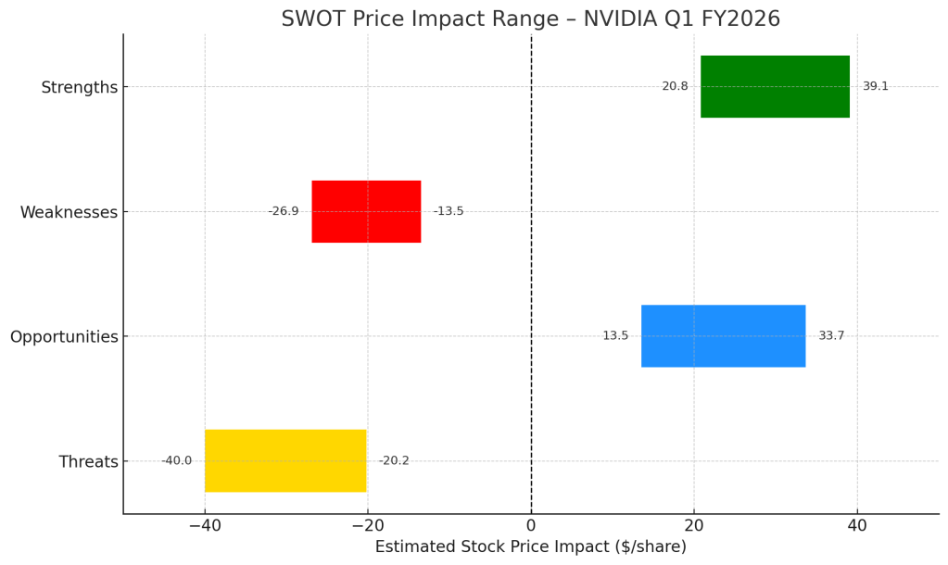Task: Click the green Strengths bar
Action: tap(775, 86)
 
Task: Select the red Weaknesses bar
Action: tap(366, 211)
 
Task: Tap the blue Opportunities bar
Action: tap(723, 336)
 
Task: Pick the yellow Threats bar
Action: tap(285, 460)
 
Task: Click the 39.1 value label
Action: tap(875, 86)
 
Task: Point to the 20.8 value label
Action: tap(675, 86)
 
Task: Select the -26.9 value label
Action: tap(284, 211)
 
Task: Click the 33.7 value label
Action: tap(831, 336)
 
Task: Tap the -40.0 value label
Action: tap(176, 460)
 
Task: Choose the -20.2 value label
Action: tap(394, 460)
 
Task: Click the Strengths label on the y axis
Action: tap(80, 87)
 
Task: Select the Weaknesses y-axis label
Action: tap(70, 212)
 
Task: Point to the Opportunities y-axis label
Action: tap(64, 337)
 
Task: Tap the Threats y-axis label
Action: tap(88, 461)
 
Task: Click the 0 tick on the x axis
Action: tap(531, 526)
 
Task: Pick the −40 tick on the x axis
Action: tap(205, 526)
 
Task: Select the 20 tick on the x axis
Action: tap(694, 526)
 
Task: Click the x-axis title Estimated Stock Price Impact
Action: tap(530, 547)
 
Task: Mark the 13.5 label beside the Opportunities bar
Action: tap(615, 336)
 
